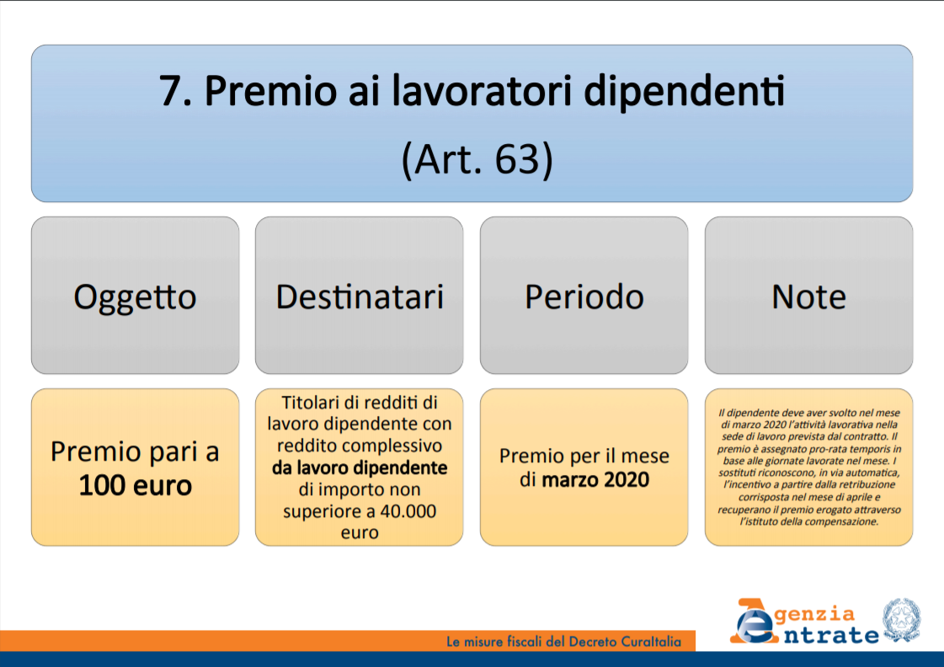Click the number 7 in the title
(171, 92)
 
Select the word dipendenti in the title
(685, 92)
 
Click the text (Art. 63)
(477, 159)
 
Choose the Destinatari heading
(360, 296)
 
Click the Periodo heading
(584, 296)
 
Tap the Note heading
(808, 296)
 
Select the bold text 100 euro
(135, 485)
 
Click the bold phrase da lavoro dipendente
(360, 467)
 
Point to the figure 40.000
(408, 511)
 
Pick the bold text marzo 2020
(595, 480)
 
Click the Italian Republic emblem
(901, 620)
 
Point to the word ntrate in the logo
(831, 635)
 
